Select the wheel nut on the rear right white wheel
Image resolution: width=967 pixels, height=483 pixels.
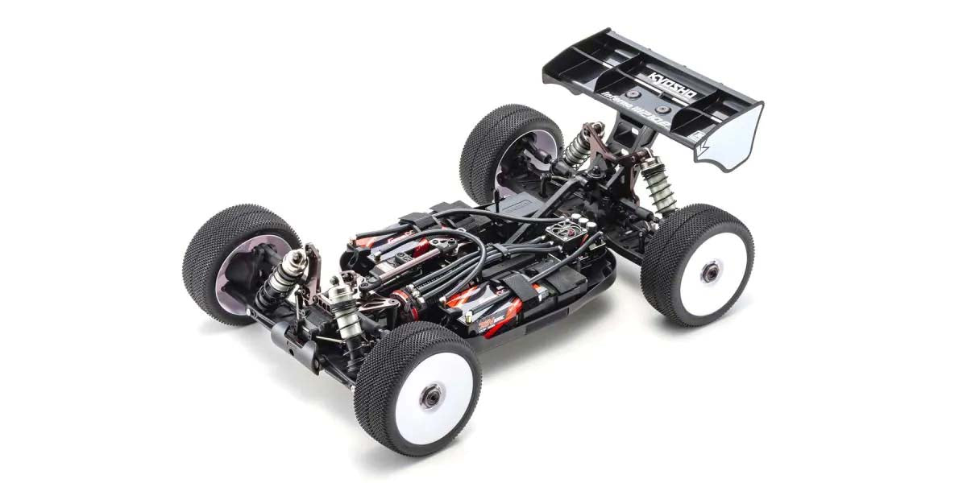click(x=709, y=273)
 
